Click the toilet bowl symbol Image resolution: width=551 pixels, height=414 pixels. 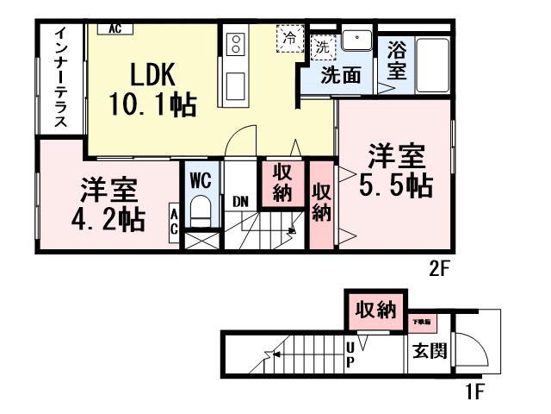coord(201,210)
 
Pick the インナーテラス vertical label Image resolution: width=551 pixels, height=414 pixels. coord(62,78)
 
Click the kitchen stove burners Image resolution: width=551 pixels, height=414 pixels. coord(234,44)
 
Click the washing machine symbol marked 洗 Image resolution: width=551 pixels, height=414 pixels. coord(322,44)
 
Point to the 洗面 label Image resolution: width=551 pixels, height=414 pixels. coord(341,75)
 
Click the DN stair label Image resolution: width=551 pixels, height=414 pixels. coord(240,201)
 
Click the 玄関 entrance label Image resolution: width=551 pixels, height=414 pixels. coord(428,351)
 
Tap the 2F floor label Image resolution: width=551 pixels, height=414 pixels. coord(441,268)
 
